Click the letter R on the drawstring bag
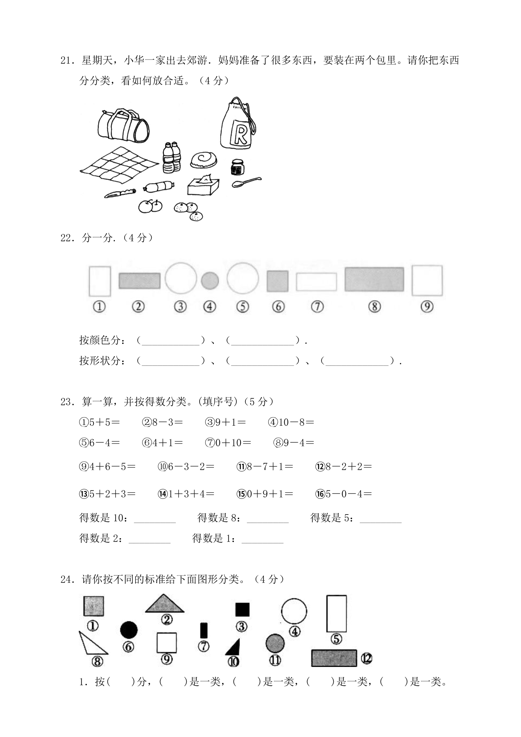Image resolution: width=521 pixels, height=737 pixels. [240, 134]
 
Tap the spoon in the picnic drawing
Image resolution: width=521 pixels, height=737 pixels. [246, 182]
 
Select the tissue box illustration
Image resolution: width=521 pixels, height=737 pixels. [203, 184]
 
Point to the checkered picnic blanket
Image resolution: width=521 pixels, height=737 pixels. [119, 165]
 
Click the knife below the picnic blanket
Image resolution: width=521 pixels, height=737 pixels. [120, 193]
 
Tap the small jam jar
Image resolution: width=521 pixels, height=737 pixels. [237, 167]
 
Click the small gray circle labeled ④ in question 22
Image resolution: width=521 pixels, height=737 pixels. [210, 281]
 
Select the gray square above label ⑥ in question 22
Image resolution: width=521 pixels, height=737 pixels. [278, 281]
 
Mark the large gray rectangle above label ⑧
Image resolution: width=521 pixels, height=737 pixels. [374, 279]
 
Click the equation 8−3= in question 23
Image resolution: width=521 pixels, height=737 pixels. [163, 422]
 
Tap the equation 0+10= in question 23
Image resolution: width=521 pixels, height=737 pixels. [228, 443]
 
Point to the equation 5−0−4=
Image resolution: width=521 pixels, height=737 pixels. [344, 494]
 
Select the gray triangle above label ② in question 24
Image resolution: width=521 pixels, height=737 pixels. [165, 604]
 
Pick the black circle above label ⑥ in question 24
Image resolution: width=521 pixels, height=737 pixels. [129, 630]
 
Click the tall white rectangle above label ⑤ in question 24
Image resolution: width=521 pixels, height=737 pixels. [336, 614]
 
